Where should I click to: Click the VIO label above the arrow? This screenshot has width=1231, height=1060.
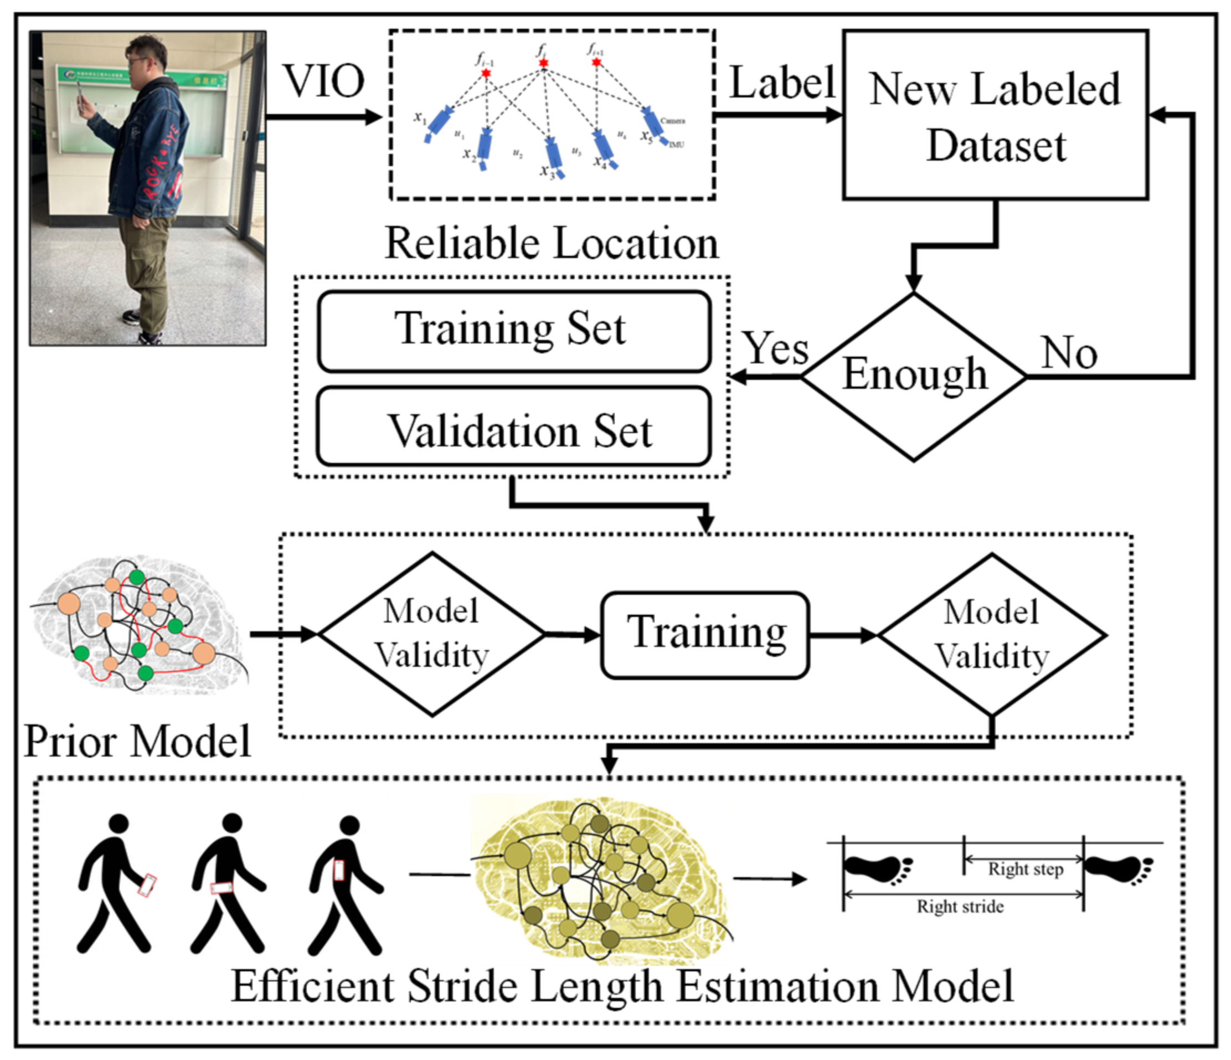[x=324, y=81]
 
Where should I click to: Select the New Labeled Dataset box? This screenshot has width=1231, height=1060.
[x=995, y=115]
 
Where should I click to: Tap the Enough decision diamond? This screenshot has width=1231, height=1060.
[x=914, y=376]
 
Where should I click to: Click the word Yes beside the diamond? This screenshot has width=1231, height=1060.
[x=776, y=349]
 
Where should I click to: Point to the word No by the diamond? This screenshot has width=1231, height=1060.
[x=1069, y=353]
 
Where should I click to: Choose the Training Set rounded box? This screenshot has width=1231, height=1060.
[x=513, y=331]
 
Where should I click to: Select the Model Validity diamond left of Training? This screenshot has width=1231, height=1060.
[x=432, y=634]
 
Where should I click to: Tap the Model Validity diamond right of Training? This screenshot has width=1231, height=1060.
[x=992, y=634]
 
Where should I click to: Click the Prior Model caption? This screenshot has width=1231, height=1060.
[x=137, y=742]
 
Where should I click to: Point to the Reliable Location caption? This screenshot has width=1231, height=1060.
[x=552, y=243]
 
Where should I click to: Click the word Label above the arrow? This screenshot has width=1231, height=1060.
[x=781, y=83]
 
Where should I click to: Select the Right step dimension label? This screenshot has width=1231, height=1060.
[x=1025, y=869]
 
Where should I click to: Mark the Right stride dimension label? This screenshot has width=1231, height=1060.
[x=960, y=907]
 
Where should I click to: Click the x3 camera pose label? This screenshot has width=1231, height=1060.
[x=546, y=172]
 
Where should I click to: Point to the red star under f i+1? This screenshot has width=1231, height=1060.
[x=596, y=62]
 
